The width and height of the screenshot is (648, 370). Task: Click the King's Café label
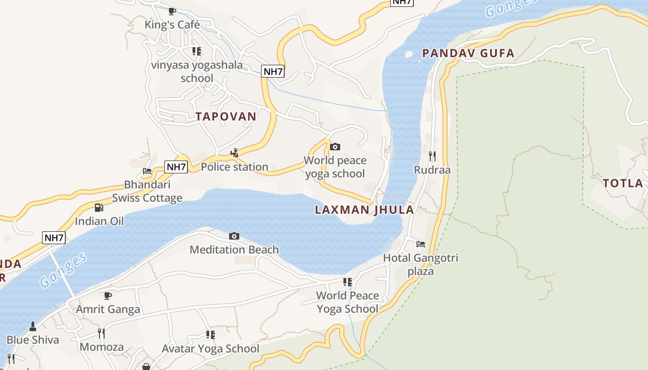tap(172, 25)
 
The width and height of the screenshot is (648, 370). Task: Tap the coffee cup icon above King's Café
tap(172, 11)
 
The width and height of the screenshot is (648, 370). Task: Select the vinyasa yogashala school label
tap(197, 71)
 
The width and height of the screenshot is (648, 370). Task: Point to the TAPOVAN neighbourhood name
tap(226, 117)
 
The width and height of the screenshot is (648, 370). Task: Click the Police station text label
tap(235, 166)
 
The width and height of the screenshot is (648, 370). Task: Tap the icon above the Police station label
tap(235, 153)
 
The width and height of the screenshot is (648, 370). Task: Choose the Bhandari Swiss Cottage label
tap(147, 191)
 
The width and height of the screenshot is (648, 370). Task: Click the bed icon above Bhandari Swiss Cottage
tap(147, 171)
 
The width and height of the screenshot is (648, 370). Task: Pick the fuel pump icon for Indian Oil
tap(99, 208)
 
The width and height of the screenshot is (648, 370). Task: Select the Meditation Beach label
tap(234, 249)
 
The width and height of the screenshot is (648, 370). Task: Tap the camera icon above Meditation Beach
tap(234, 236)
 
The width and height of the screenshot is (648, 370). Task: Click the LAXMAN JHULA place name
tap(364, 210)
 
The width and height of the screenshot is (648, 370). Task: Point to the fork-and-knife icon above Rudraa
tap(432, 156)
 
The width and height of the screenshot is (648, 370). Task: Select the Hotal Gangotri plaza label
tap(421, 264)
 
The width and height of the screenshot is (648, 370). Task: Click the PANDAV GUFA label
tap(468, 53)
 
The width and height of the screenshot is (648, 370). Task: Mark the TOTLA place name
tap(623, 183)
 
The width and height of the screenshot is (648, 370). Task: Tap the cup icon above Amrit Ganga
tap(108, 296)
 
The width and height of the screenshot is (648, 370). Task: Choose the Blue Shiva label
tap(33, 340)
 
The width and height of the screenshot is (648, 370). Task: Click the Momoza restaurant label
tap(102, 347)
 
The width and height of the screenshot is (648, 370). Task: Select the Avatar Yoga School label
tap(211, 348)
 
